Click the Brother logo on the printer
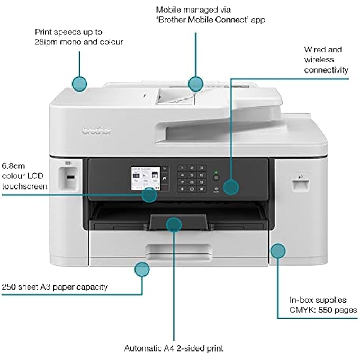(97, 130)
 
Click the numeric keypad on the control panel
(192, 177)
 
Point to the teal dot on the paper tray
(173, 224)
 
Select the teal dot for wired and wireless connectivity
(231, 187)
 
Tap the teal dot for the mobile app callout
(196, 83)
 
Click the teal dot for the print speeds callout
(79, 83)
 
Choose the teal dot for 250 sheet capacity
(141, 269)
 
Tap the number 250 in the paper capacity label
(8, 287)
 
